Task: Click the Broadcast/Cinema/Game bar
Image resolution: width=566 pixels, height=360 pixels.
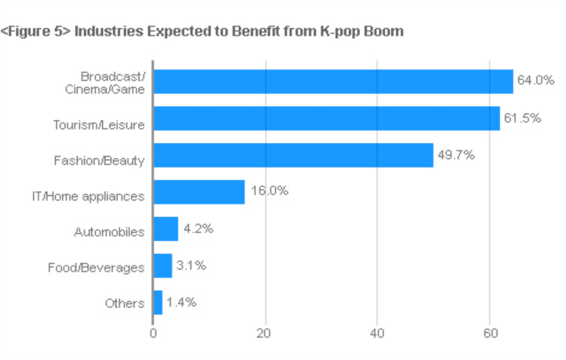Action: (333, 81)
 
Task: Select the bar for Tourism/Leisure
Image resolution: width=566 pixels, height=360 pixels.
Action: (326, 118)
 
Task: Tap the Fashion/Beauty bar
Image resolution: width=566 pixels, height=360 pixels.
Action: (293, 155)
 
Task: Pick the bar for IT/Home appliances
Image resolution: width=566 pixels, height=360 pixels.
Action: (199, 192)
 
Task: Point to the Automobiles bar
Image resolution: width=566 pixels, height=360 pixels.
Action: (166, 228)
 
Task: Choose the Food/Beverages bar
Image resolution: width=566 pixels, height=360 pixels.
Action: (163, 265)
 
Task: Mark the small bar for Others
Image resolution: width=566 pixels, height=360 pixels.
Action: (158, 302)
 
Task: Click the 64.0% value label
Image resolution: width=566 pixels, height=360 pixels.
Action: (535, 80)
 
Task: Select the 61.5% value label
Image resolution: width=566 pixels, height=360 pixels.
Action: (522, 117)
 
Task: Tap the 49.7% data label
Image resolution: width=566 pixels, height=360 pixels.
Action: (456, 155)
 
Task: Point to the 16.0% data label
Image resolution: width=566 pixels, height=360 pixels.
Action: (269, 191)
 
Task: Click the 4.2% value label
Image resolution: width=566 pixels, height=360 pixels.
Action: (198, 228)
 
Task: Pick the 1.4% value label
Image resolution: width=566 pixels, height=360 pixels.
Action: (181, 302)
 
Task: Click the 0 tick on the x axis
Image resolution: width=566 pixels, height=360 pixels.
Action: (153, 333)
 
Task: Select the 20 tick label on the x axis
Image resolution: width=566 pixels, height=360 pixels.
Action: (266, 333)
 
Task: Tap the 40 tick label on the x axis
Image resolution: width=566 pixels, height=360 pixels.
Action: (377, 333)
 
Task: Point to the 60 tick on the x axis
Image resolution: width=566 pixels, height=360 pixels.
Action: (490, 333)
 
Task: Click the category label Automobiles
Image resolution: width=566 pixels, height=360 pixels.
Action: (109, 232)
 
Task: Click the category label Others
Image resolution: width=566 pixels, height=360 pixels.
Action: (124, 304)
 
